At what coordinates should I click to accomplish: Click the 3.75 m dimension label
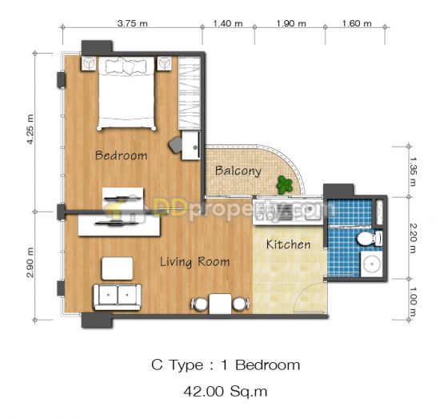(x=133, y=23)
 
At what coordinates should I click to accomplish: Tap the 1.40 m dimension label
(x=228, y=23)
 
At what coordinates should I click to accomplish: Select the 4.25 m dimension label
(x=30, y=130)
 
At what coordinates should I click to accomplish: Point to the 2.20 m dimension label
(x=413, y=238)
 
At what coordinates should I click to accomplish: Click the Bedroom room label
(x=121, y=155)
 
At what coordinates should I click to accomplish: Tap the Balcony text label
(x=238, y=171)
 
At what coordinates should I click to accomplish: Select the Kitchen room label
(x=289, y=244)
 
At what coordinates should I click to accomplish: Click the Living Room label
(x=194, y=262)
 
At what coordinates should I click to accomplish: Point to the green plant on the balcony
(x=285, y=185)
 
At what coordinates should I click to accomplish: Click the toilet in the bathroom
(x=370, y=238)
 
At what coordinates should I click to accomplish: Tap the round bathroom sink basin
(x=372, y=264)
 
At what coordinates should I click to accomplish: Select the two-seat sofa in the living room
(x=117, y=297)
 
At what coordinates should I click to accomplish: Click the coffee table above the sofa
(x=118, y=268)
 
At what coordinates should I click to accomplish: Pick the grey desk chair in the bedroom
(x=176, y=145)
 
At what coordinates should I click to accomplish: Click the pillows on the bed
(x=126, y=66)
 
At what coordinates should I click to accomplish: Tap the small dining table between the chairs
(x=220, y=304)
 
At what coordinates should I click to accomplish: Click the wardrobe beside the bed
(x=190, y=93)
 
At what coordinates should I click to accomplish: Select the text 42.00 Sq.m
(x=226, y=392)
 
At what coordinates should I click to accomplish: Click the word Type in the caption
(x=186, y=366)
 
